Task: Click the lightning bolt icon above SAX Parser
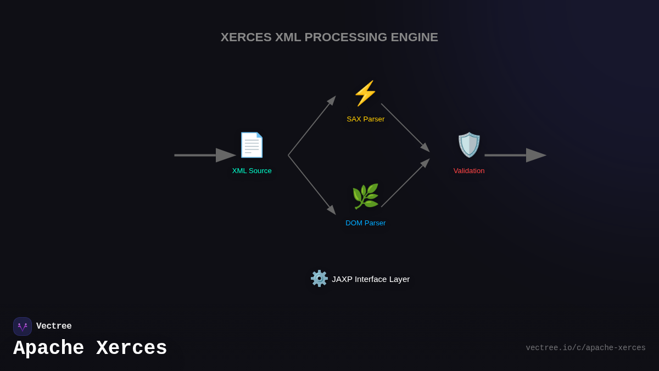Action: pyautogui.click(x=365, y=93)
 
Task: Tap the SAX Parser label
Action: pyautogui.click(x=365, y=119)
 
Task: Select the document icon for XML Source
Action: pyautogui.click(x=252, y=145)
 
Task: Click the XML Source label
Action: pyautogui.click(x=252, y=171)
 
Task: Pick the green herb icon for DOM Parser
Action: pyautogui.click(x=365, y=197)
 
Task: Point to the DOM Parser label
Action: pyautogui.click(x=365, y=223)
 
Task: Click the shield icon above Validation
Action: pyautogui.click(x=469, y=145)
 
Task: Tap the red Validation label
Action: pyautogui.click(x=469, y=171)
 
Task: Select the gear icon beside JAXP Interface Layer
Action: pyautogui.click(x=319, y=279)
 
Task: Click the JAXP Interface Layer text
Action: pyautogui.click(x=371, y=279)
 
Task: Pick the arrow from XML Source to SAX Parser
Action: pyautogui.click(x=311, y=126)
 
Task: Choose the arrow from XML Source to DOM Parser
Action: pyautogui.click(x=311, y=185)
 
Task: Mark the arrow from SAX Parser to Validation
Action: pyautogui.click(x=405, y=128)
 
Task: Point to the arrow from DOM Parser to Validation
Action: pyautogui.click(x=405, y=183)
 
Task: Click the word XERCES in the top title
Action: pyautogui.click(x=246, y=37)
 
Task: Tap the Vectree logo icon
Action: pyautogui.click(x=23, y=326)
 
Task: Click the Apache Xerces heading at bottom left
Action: pyautogui.click(x=90, y=348)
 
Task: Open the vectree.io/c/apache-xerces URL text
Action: pyautogui.click(x=585, y=348)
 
